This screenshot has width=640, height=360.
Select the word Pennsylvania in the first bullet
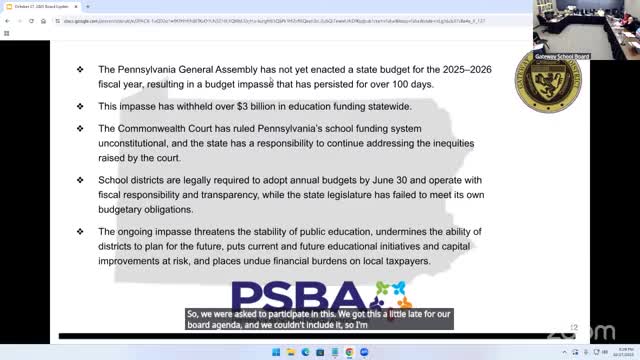pos(152,69)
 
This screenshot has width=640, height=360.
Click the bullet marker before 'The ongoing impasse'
pos(80,232)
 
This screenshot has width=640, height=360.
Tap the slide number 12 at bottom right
pos(574,326)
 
